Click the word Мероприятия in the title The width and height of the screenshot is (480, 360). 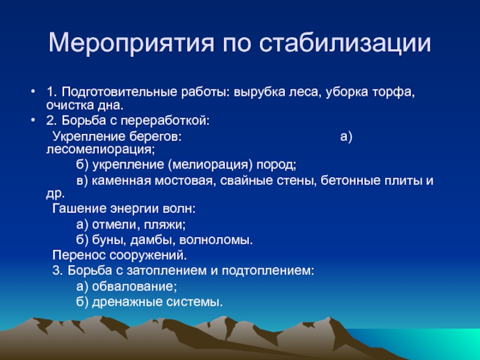(x=131, y=43)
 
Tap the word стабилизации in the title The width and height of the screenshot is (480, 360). (x=346, y=43)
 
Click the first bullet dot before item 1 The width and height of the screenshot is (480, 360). (x=33, y=91)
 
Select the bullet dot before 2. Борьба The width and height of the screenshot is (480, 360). (x=33, y=121)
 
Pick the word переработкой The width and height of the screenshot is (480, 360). (x=164, y=121)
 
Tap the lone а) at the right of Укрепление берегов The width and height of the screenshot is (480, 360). (x=346, y=137)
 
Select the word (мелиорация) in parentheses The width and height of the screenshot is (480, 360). (x=211, y=164)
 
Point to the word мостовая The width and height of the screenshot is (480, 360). (x=184, y=181)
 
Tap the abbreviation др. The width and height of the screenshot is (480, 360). (x=55, y=194)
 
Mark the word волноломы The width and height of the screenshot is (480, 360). (x=216, y=241)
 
